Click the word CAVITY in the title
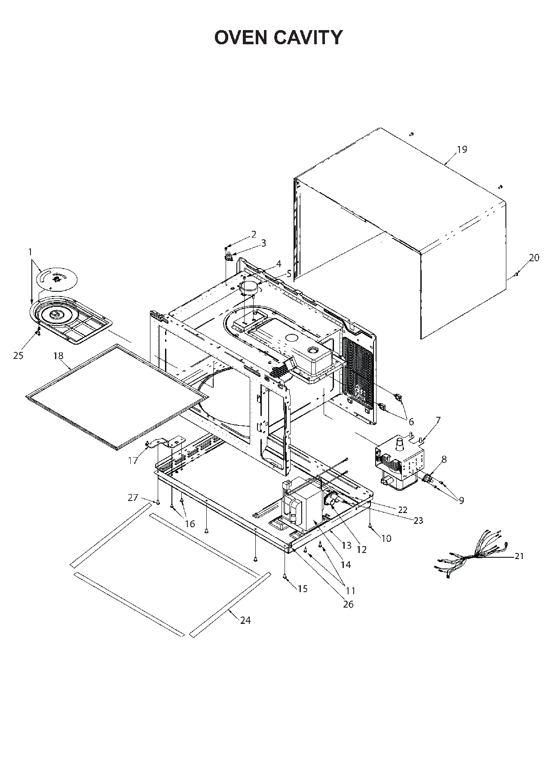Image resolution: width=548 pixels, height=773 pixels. pos(308,38)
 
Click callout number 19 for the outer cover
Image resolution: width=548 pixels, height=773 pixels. pos(462,150)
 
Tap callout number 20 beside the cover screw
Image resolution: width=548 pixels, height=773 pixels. pos(534,258)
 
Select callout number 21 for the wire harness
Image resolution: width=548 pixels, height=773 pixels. pos(519,556)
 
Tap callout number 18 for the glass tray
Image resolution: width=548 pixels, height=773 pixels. pos(58,356)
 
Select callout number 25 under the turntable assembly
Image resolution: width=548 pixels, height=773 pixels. pos(18,356)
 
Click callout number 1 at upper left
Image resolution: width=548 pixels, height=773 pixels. pos(30,252)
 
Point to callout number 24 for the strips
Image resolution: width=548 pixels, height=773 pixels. pos(245,620)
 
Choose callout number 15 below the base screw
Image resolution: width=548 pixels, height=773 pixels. pos(303,589)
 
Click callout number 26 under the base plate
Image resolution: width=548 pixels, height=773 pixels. pos(348,604)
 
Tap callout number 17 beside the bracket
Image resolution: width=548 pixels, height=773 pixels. pos(133,461)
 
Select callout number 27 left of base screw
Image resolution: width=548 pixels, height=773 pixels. pos(133,498)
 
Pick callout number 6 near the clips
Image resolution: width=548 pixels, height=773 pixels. pos(411,422)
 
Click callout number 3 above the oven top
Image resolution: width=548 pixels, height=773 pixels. pos(263,243)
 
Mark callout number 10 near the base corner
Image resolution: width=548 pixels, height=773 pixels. pos(386,538)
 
